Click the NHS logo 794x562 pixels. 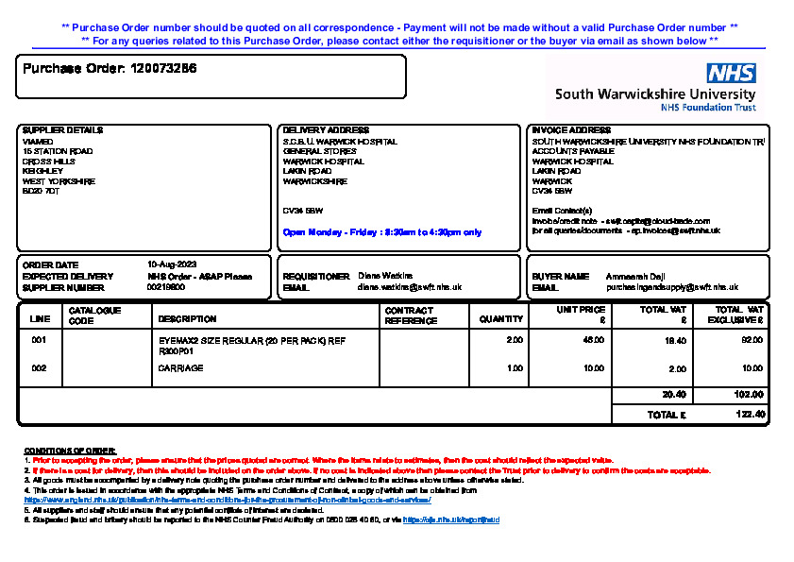click(732, 74)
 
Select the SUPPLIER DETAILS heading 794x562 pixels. click(62, 130)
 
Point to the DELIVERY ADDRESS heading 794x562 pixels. click(326, 130)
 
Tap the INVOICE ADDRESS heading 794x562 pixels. click(571, 130)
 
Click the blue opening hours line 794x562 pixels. click(382, 232)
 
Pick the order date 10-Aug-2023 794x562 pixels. click(172, 264)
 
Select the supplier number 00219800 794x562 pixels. click(166, 287)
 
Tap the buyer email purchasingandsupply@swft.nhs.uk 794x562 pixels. click(671, 287)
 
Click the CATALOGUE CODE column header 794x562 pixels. click(94, 315)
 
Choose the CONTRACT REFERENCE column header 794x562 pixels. click(409, 315)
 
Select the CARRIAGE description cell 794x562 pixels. click(180, 368)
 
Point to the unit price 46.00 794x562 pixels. click(594, 339)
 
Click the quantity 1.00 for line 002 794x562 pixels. click(515, 368)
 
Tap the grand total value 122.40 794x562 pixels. click(750, 415)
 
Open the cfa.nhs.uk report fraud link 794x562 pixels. click(451, 520)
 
